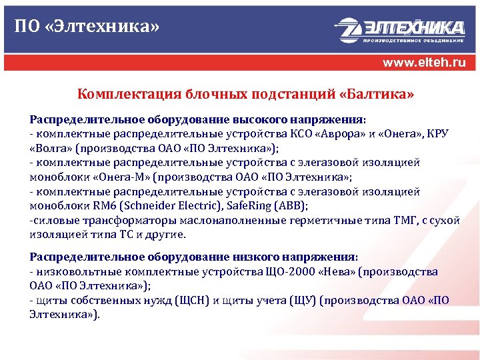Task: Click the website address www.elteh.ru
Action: point(423,63)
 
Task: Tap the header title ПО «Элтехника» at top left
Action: point(87,27)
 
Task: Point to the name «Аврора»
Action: point(341,133)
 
